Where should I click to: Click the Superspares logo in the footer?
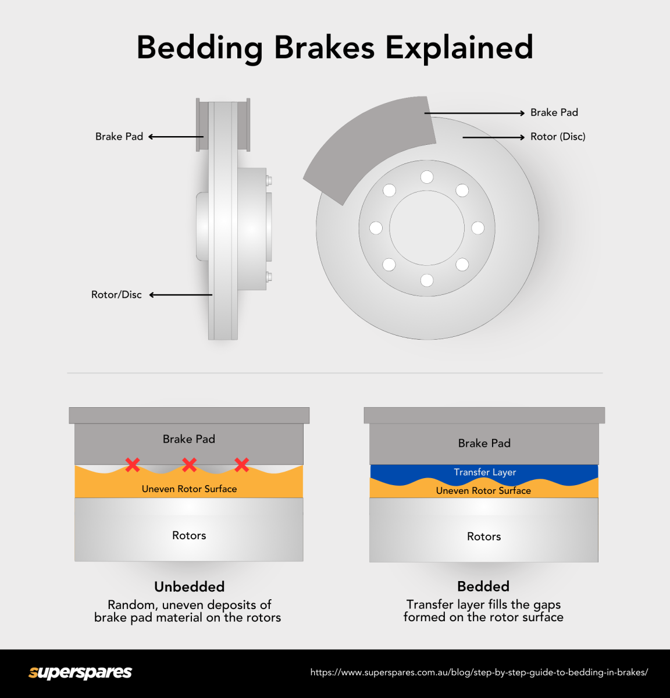pos(80,672)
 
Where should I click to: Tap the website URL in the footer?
pos(479,672)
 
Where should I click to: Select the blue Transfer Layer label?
pos(484,472)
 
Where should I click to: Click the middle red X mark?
pos(189,464)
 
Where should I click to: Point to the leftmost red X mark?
pos(133,464)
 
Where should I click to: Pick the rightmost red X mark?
pos(242,464)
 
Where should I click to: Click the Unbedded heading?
pos(189,586)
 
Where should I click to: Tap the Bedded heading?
pos(483,586)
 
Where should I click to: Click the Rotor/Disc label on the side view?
pos(116,295)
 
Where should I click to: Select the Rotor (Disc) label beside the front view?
pos(558,137)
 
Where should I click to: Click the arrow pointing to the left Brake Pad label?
pos(176,137)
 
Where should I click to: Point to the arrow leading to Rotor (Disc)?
pos(493,137)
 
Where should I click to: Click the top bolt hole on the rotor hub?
pos(427,177)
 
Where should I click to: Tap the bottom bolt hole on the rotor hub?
pos(427,280)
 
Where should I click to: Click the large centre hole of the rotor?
pos(427,228)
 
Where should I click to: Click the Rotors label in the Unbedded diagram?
pos(189,536)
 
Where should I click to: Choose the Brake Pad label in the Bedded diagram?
pos(484,443)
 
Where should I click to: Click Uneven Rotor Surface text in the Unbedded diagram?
pos(189,489)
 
